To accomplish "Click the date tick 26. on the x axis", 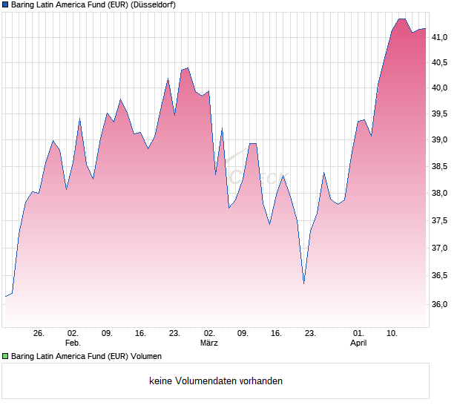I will coord(39,334).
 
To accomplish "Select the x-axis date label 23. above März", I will coord(174,334).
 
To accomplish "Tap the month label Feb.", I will coord(73,343).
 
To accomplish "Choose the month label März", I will coord(208,343).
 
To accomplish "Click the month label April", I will coord(358,343).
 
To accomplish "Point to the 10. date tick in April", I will coord(392,334).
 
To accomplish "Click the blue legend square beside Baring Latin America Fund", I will coord(6,5).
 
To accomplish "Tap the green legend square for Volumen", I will coord(6,357).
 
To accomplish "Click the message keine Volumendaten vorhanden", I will coord(216,381).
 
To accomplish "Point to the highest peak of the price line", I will coord(401,19).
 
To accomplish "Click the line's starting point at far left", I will coord(5,297).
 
